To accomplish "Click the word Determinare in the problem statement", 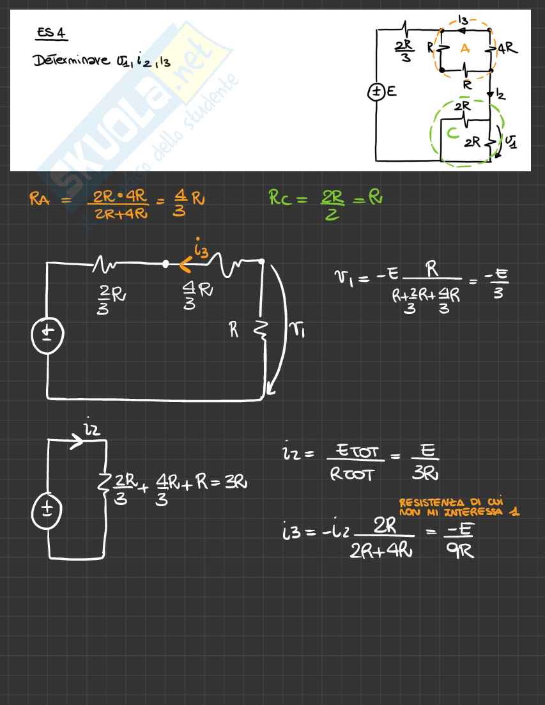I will [x=64, y=61].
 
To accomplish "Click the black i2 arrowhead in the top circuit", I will [x=490, y=95].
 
